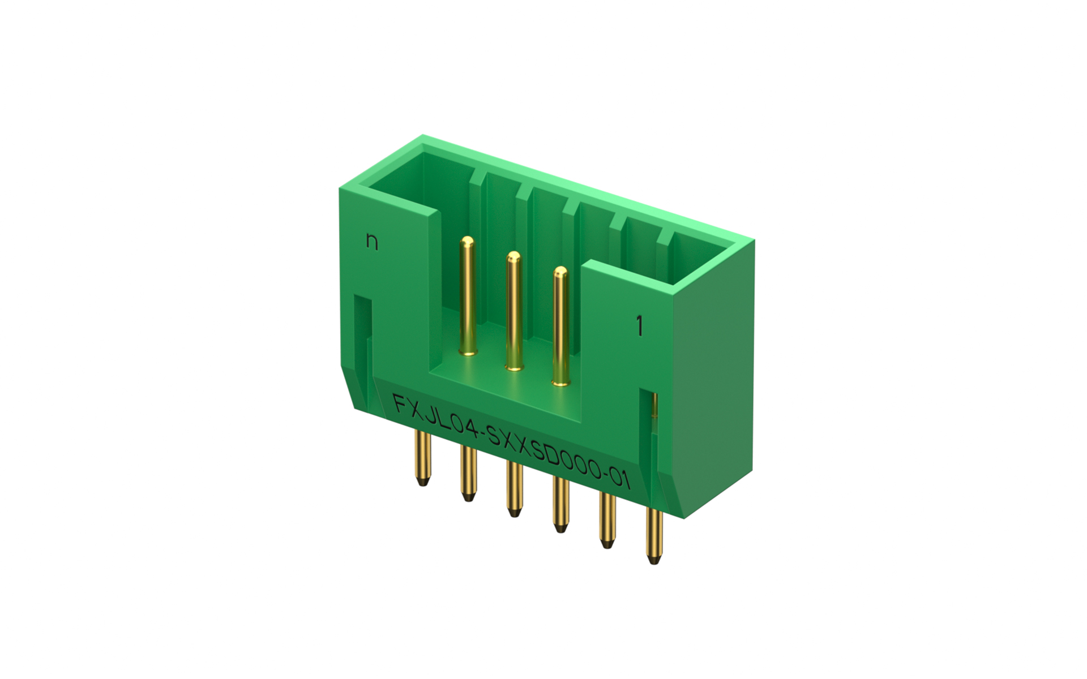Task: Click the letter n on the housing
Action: (x=371, y=242)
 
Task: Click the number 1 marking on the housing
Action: (x=640, y=326)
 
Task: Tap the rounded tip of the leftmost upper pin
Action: (x=468, y=243)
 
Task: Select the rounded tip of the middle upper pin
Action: (x=513, y=257)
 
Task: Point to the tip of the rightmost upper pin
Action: (x=560, y=272)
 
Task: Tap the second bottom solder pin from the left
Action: (x=468, y=475)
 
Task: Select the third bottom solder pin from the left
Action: (x=513, y=490)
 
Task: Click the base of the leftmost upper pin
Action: (x=468, y=353)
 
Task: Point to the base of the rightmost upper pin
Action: (x=560, y=382)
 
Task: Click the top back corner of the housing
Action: (x=423, y=137)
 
